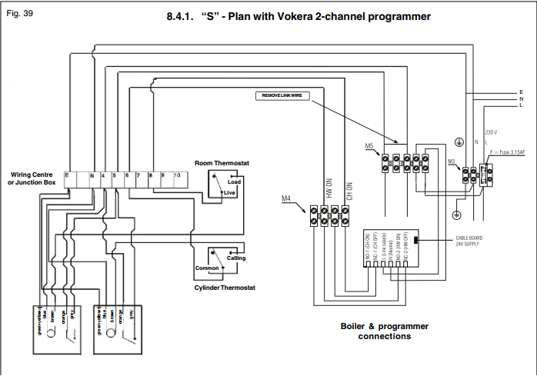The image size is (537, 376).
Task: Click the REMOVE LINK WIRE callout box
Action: [282, 95]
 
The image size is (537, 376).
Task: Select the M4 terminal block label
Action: [286, 198]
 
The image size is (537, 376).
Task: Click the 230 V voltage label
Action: [492, 131]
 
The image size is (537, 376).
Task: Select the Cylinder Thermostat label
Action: [225, 288]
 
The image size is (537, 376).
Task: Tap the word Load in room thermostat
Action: [234, 181]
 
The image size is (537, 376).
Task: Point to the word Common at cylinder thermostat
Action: [207, 268]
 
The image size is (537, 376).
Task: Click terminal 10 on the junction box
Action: [177, 175]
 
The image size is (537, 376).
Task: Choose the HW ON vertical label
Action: [330, 191]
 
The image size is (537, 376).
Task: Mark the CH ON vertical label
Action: [349, 191]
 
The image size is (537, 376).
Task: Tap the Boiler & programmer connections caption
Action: [385, 331]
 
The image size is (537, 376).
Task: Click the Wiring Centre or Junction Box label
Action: [32, 178]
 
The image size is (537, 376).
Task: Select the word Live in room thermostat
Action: [229, 194]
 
